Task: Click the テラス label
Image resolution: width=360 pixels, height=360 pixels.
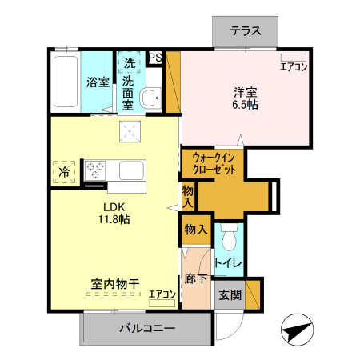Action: point(245,32)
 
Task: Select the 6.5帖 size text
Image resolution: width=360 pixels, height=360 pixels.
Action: point(245,104)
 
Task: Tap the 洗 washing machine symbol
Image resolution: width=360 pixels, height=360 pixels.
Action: point(129,62)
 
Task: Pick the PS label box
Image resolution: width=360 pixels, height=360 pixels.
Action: point(155,57)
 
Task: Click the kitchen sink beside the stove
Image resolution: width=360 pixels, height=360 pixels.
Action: point(132,170)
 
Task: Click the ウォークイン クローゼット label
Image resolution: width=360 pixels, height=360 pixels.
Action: point(213,164)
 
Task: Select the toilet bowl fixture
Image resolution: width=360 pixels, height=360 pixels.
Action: point(230,238)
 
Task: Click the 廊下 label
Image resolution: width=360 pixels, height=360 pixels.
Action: point(196,280)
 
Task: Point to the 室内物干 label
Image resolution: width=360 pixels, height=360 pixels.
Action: point(115,283)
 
